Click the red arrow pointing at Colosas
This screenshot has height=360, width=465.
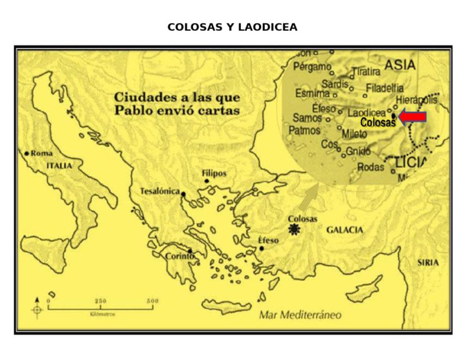click(414, 117)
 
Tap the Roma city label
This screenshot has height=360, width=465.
click(41, 153)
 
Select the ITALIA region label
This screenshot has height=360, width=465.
click(59, 165)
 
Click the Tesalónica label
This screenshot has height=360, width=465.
click(160, 192)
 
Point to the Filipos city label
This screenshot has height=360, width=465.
click(214, 173)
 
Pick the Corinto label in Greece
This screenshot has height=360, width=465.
click(180, 256)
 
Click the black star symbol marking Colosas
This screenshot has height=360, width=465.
click(295, 229)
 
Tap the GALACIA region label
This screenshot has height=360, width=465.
click(345, 230)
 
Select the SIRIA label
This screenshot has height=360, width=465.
click(428, 262)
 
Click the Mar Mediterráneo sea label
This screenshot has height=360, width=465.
click(300, 315)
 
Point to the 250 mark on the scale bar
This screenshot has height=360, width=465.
click(101, 301)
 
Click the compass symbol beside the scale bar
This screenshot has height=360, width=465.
click(38, 308)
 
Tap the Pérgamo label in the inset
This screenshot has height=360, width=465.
click(312, 67)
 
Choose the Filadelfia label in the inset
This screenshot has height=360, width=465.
click(384, 88)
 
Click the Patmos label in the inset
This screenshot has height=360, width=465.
click(304, 130)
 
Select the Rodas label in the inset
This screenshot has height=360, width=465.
click(371, 167)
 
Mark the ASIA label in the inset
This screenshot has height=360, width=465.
click(400, 65)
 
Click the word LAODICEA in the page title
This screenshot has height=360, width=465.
click(268, 27)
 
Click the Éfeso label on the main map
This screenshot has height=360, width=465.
click(268, 240)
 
